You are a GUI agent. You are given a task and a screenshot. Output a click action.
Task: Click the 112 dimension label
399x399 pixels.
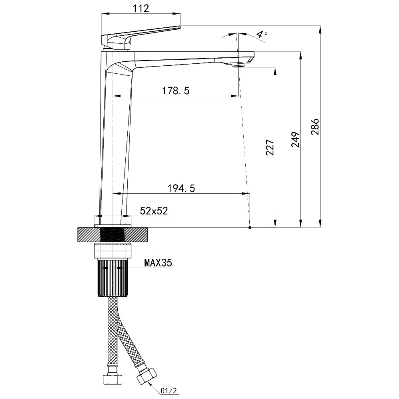[141, 8]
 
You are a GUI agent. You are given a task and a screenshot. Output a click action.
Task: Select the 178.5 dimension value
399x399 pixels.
[176, 91]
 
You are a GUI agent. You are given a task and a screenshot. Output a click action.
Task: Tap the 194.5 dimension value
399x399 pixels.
[181, 188]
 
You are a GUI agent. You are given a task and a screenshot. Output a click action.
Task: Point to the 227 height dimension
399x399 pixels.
[270, 147]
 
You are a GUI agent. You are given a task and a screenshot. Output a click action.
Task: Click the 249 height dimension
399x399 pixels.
[295, 140]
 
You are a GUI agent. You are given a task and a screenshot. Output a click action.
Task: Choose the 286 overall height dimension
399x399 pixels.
[315, 127]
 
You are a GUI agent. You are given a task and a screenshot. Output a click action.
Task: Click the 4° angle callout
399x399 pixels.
[261, 34]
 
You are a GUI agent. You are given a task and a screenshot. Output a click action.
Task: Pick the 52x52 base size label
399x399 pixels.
[154, 211]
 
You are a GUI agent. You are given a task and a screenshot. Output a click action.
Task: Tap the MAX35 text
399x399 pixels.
[158, 263]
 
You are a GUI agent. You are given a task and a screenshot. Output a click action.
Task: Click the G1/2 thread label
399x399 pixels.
[169, 391]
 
